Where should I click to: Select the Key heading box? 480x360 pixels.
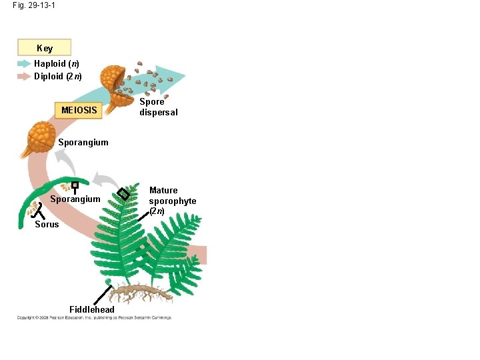pyautogui.click(x=45, y=48)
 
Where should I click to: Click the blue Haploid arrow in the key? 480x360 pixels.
pyautogui.click(x=24, y=64)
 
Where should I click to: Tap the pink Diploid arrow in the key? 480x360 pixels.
pyautogui.click(x=24, y=76)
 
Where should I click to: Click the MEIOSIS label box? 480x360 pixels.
pyautogui.click(x=79, y=110)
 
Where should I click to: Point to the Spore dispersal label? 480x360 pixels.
pyautogui.click(x=158, y=107)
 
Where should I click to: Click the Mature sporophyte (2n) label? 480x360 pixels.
pyautogui.click(x=172, y=201)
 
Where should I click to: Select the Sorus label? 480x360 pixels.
pyautogui.click(x=47, y=224)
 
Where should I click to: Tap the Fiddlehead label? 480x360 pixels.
pyautogui.click(x=92, y=309)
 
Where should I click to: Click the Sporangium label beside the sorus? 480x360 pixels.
pyautogui.click(x=75, y=199)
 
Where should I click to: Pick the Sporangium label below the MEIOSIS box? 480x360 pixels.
pyautogui.click(x=83, y=142)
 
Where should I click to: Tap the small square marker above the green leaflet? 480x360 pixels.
pyautogui.click(x=75, y=185)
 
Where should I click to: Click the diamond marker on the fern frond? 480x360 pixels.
pyautogui.click(x=123, y=194)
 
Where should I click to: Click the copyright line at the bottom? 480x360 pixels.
pyautogui.click(x=94, y=317)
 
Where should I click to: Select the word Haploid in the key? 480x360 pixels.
pyautogui.click(x=49, y=64)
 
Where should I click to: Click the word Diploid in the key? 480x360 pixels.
pyautogui.click(x=47, y=76)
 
